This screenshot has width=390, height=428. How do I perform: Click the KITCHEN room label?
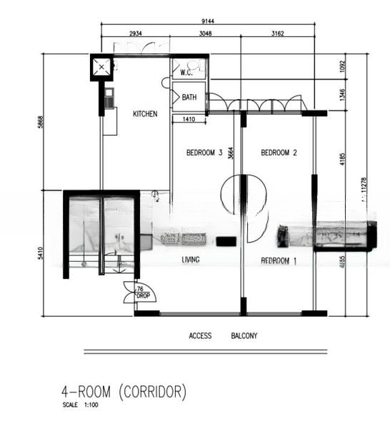pyautogui.click(x=145, y=114)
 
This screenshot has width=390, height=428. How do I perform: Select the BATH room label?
pyautogui.click(x=189, y=98)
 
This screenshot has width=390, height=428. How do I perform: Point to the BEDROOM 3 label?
pyautogui.click(x=205, y=153)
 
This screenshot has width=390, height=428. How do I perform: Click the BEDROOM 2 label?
pyautogui.click(x=279, y=153)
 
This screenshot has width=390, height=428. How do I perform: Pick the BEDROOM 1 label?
pyautogui.click(x=279, y=261)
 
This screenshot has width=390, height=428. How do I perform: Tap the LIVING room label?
pyautogui.click(x=191, y=260)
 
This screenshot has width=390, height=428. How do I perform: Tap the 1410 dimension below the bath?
pyautogui.click(x=189, y=119)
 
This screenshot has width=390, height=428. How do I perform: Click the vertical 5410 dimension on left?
pyautogui.click(x=40, y=253)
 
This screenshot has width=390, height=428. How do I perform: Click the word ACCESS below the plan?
pyautogui.click(x=200, y=336)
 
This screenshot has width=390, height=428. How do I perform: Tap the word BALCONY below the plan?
pyautogui.click(x=244, y=336)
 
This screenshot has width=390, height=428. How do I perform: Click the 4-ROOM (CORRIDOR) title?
pyautogui.click(x=124, y=392)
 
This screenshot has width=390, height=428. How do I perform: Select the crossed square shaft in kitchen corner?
pyautogui.click(x=102, y=68)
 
